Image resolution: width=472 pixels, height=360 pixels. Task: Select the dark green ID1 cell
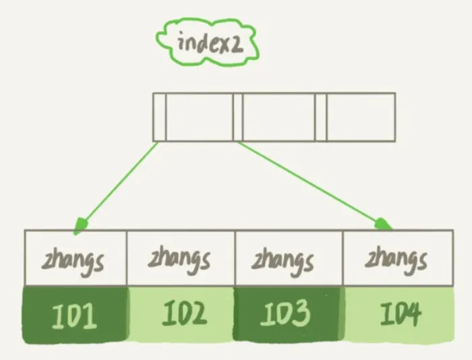click(76, 315)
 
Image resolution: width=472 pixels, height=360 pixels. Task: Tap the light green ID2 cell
click(181, 315)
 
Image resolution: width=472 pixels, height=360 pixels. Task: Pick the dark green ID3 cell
click(289, 315)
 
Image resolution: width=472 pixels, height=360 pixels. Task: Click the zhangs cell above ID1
click(76, 259)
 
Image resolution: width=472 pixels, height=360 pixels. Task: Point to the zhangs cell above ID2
click(181, 259)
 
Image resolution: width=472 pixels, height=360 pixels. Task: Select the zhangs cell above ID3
click(289, 259)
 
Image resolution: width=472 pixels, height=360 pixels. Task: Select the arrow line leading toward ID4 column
click(310, 182)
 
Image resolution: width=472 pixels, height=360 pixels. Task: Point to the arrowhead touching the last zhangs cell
click(384, 223)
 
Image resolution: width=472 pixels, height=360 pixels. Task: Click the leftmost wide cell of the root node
click(199, 117)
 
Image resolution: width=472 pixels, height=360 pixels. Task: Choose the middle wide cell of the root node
click(278, 117)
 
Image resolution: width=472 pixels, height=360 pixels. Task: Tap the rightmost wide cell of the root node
click(361, 117)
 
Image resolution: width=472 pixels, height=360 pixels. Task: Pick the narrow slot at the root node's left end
click(159, 117)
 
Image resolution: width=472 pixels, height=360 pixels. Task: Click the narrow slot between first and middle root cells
click(237, 117)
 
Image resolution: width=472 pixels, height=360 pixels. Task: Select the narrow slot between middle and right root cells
click(320, 117)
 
